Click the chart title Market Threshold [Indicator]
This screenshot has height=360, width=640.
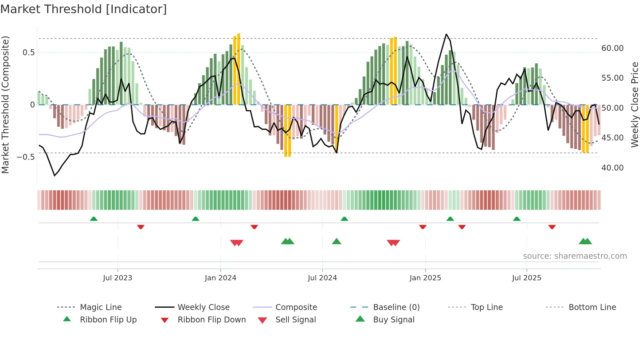[84, 9]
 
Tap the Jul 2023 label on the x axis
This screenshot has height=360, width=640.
[118, 278]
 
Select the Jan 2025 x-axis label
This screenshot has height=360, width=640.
[425, 278]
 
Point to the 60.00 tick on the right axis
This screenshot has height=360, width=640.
[612, 48]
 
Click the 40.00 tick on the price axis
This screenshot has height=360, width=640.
[612, 168]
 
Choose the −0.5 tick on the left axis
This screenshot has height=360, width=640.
[26, 157]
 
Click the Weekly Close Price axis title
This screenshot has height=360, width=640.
[634, 105]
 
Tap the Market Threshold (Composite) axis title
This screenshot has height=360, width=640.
[5, 105]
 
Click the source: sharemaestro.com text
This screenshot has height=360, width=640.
[575, 256]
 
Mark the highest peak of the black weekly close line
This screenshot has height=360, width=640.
[446, 34]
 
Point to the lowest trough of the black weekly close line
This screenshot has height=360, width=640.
[55, 176]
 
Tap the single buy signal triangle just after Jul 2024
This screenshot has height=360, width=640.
[336, 241]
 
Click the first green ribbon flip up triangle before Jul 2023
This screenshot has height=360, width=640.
[94, 219]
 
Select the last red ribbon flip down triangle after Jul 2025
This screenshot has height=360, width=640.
[552, 227]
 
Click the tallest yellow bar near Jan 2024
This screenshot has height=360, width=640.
[239, 69]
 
